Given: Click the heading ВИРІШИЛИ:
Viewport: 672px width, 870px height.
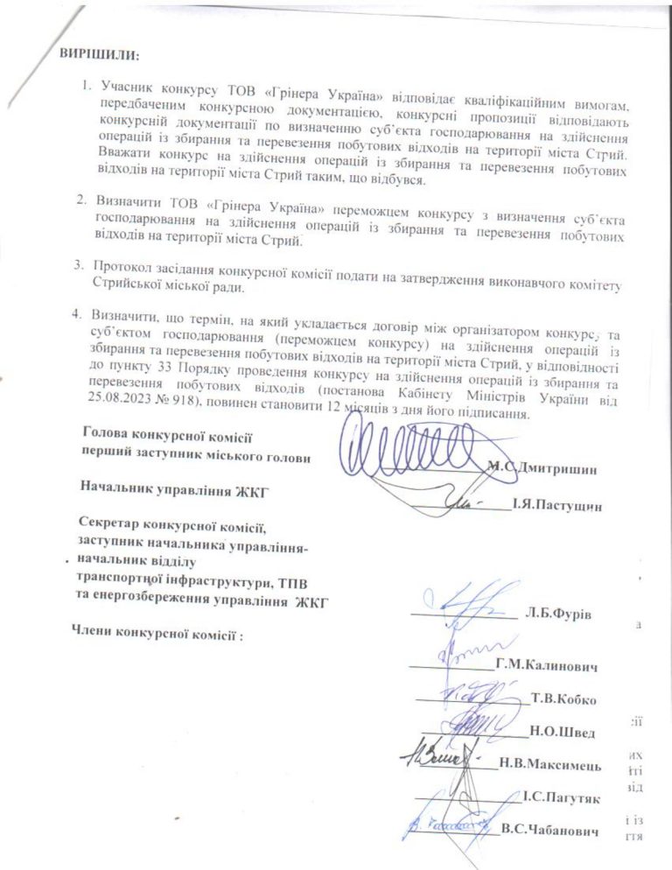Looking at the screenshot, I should tap(99, 54).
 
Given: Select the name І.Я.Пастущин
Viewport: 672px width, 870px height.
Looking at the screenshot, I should tap(558, 505).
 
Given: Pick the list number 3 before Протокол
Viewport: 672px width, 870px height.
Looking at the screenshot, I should tap(78, 264).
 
